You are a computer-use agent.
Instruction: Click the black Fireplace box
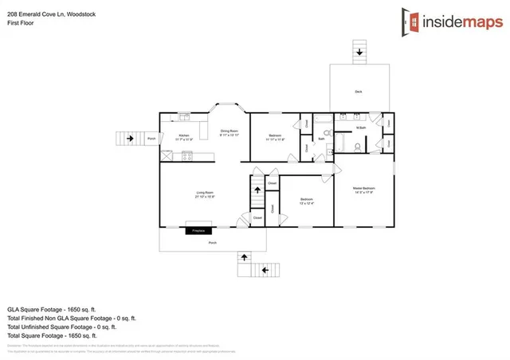[198, 231]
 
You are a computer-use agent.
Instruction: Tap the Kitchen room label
[183, 137]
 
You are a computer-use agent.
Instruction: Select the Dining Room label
[230, 132]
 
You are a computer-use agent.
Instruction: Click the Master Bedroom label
[364, 190]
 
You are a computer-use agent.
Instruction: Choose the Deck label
[359, 92]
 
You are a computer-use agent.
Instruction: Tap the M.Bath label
[360, 127]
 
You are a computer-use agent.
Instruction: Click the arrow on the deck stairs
[359, 53]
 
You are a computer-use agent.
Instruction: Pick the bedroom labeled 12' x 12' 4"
[306, 200]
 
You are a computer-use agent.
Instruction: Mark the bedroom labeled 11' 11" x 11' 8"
[275, 136]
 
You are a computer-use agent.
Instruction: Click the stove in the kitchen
[186, 156]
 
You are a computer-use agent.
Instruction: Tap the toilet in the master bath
[358, 147]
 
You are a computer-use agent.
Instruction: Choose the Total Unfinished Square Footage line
[62, 326]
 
